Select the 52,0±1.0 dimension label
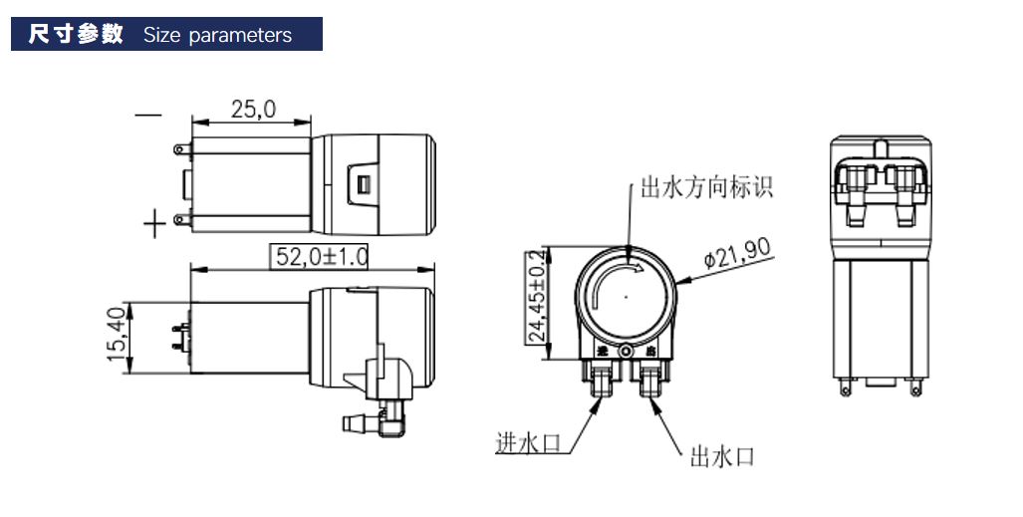click(x=321, y=257)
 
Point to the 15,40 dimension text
click(x=116, y=335)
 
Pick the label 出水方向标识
click(x=705, y=187)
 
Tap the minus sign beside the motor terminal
click(x=147, y=116)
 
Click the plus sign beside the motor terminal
click(x=153, y=224)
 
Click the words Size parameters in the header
click(x=217, y=36)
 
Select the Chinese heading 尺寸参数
click(x=76, y=35)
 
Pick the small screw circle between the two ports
click(x=626, y=352)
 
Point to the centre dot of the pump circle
click(x=625, y=296)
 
